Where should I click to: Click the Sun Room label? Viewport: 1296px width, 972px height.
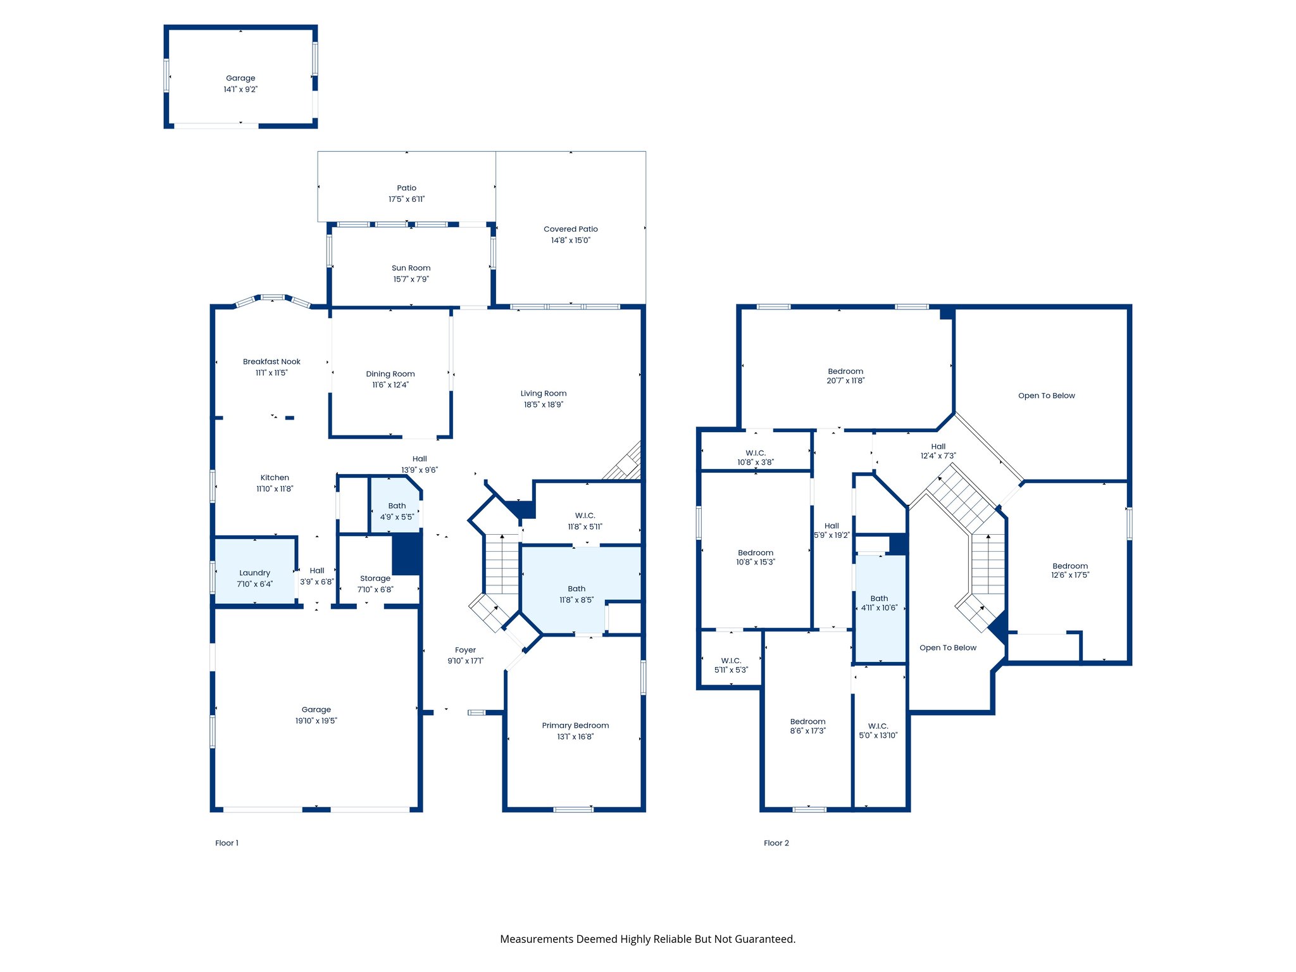coord(411,268)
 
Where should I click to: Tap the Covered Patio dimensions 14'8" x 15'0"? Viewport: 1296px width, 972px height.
coord(570,240)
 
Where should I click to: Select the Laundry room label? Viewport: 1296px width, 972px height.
coord(254,573)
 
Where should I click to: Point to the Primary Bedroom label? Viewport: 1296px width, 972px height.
coord(575,725)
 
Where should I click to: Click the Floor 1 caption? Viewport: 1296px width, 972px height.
coord(227,843)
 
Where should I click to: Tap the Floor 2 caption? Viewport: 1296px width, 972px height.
coord(776,843)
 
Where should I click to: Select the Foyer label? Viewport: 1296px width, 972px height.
coord(465,650)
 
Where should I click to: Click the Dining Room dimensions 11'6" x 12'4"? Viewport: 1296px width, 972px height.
coord(390,385)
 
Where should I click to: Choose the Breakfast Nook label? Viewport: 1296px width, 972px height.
coord(271,361)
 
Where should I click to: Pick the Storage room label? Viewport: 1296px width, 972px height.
coord(375,578)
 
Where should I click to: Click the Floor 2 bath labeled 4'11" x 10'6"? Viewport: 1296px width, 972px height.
coord(879,603)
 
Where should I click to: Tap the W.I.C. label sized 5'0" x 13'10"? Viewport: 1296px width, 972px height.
coord(878,730)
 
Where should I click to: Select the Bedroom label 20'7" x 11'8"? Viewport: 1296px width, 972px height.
coord(845,376)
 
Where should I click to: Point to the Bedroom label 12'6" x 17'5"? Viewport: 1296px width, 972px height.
coord(1070,570)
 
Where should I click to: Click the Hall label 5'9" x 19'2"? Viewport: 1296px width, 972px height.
coord(832,530)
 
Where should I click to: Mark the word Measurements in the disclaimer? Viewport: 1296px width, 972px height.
coord(537,939)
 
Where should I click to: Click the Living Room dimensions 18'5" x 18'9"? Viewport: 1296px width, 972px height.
coord(543,404)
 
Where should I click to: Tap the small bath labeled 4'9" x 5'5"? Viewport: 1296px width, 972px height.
coord(397,511)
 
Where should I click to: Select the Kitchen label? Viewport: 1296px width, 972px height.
coord(275,478)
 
